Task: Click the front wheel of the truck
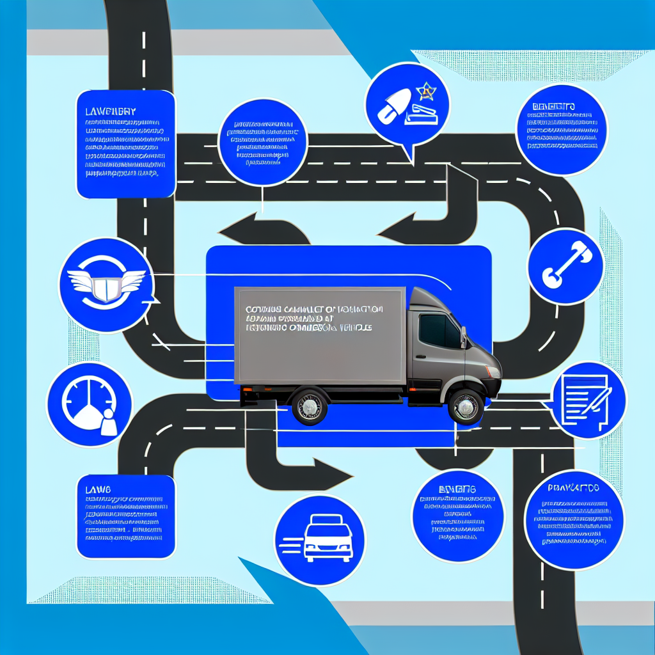(x=466, y=406)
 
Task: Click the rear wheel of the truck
(x=310, y=406)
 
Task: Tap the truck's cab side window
(x=439, y=331)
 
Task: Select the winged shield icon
(x=106, y=285)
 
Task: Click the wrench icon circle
(x=565, y=266)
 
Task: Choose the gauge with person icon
(x=90, y=404)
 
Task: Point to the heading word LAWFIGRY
(x=110, y=111)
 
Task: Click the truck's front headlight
(x=493, y=372)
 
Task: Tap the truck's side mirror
(x=462, y=337)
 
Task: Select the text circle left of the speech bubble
(x=262, y=142)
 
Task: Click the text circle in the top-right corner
(x=560, y=129)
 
